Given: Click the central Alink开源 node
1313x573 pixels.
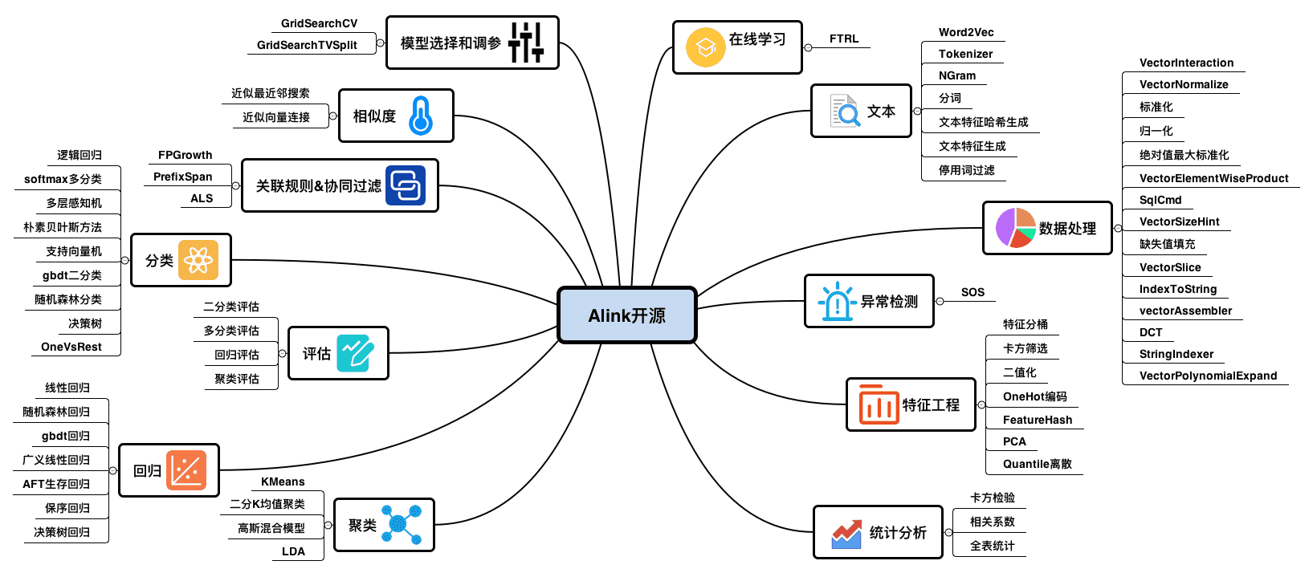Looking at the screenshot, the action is [626, 315].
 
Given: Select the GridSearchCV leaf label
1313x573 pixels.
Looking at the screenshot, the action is [319, 23].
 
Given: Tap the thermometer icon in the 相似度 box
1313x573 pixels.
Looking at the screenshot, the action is [420, 116].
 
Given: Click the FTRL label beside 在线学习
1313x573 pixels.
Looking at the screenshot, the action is [843, 39].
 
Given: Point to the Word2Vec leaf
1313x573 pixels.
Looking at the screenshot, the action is [966, 32].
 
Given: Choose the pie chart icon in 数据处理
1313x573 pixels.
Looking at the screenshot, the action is [1015, 227].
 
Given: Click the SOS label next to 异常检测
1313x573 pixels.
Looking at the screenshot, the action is [973, 292].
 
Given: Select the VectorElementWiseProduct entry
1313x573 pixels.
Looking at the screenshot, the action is [1213, 178].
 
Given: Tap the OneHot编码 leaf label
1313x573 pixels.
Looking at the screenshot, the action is [1034, 396].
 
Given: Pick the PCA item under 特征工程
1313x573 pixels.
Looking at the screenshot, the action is [1014, 441].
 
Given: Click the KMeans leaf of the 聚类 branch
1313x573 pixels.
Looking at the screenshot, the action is [283, 482].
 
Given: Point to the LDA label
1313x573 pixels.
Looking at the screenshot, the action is [293, 551].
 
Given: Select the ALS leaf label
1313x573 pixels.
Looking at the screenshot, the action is [202, 198].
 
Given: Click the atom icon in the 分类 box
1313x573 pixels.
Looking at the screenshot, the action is [198, 259].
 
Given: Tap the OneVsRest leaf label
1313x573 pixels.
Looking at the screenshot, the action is [71, 347].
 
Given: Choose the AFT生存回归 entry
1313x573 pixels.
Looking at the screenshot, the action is [56, 484].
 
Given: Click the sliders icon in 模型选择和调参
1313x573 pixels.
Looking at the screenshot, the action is [526, 43].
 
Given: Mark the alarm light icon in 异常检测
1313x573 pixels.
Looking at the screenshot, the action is [837, 301].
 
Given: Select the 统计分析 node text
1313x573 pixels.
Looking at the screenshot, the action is [897, 533].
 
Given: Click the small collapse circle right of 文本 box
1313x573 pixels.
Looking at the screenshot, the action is [917, 112].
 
